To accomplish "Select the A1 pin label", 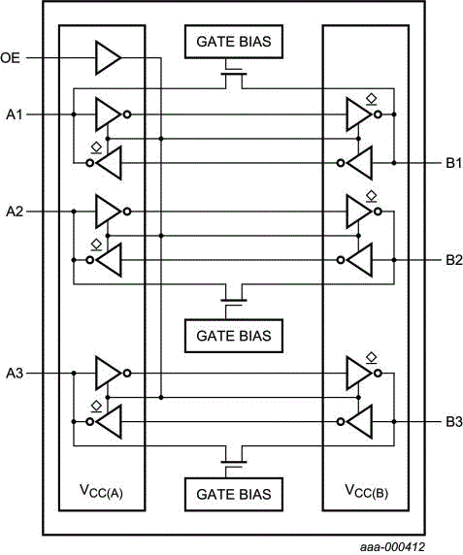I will [x=14, y=114].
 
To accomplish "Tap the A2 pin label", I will [x=14, y=211].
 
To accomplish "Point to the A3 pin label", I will [x=14, y=373].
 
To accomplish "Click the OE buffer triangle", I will [x=107, y=58].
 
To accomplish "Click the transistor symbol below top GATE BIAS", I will [x=232, y=74].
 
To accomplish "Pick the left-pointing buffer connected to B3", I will [x=359, y=421].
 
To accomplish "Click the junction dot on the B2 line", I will [x=394, y=259].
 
